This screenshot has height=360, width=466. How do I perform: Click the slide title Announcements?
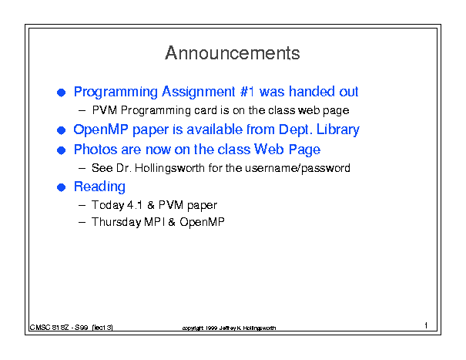coord(233,53)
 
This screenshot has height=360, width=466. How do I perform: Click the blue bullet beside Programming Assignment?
coord(61,93)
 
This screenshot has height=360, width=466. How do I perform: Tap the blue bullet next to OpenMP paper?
coord(61,130)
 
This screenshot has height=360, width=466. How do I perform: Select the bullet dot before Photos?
coord(61,150)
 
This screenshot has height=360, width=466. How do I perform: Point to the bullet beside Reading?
coord(61,187)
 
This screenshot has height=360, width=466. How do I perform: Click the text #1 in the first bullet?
coord(247,92)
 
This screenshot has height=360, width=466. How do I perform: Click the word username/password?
coord(297,168)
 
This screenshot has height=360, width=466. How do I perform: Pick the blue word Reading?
coord(99,187)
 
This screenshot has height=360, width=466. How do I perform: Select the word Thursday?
coord(116,222)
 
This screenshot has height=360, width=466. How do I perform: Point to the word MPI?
coord(154,222)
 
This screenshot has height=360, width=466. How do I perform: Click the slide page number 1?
coord(426,325)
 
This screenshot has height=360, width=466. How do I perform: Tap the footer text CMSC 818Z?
coord(49,328)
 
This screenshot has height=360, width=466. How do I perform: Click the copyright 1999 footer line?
coord(229,328)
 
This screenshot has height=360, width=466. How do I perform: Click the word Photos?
coord(96,150)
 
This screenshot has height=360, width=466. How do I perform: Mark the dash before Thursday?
coord(82,222)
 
